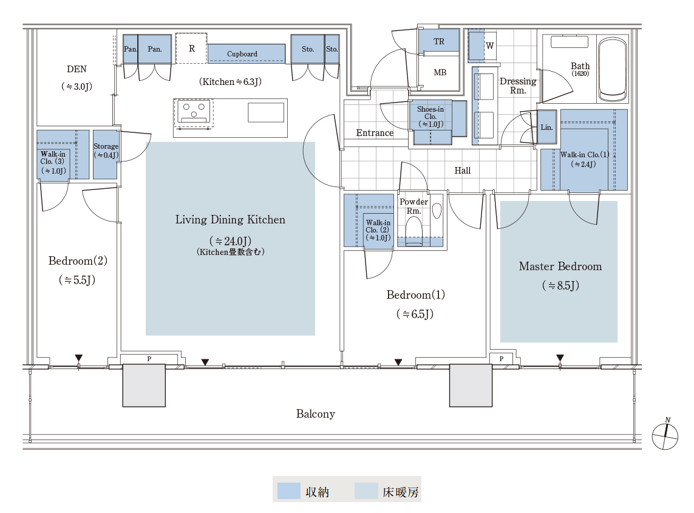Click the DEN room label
pos(77,69)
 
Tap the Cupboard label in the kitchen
pos(242,54)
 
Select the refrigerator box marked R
pos(191,48)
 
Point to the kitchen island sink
pos(266,112)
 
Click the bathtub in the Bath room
pos(613,69)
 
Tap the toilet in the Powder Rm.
pos(414,230)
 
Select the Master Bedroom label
pos(560,267)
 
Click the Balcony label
pos(316,414)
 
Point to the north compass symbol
pos(665,435)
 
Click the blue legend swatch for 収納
pos(288,491)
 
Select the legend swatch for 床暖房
pos(366,491)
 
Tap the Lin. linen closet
pos(547,127)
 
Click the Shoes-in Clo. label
pos(430,117)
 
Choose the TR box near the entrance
pos(438,42)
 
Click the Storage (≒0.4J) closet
pos(105,154)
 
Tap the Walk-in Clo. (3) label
pos(53,163)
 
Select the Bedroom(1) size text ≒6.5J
pos(415,314)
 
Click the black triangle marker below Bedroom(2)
pos(79,358)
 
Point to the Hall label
pos(463,171)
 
